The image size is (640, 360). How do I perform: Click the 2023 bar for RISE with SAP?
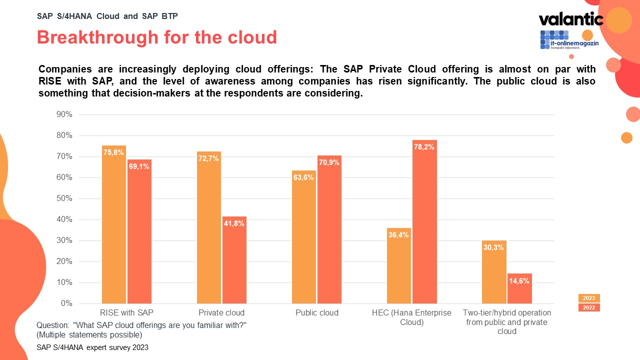pyautogui.click(x=114, y=224)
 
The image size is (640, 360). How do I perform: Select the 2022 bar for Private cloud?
pyautogui.click(x=234, y=260)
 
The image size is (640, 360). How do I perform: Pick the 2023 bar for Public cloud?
pyautogui.click(x=304, y=237)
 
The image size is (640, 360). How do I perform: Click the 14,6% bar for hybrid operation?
pyautogui.click(x=519, y=288)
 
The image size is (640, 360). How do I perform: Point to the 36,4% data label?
pyautogui.click(x=398, y=235)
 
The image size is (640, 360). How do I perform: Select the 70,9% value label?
pyautogui.click(x=329, y=162)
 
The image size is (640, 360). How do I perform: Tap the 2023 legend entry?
pyautogui.click(x=589, y=298)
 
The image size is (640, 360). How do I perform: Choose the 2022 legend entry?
pyautogui.click(x=589, y=307)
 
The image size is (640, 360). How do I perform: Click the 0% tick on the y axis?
pyautogui.click(x=66, y=303)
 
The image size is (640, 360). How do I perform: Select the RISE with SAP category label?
pyautogui.click(x=127, y=313)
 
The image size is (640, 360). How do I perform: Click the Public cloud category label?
pyautogui.click(x=317, y=313)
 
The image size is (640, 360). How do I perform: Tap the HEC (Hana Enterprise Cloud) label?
pyautogui.click(x=411, y=317)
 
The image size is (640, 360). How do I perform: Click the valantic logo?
pyautogui.click(x=571, y=19)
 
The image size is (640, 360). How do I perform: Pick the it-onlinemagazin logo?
pyautogui.click(x=568, y=40)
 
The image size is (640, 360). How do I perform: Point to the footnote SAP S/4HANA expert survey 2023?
pyautogui.click(x=92, y=347)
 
